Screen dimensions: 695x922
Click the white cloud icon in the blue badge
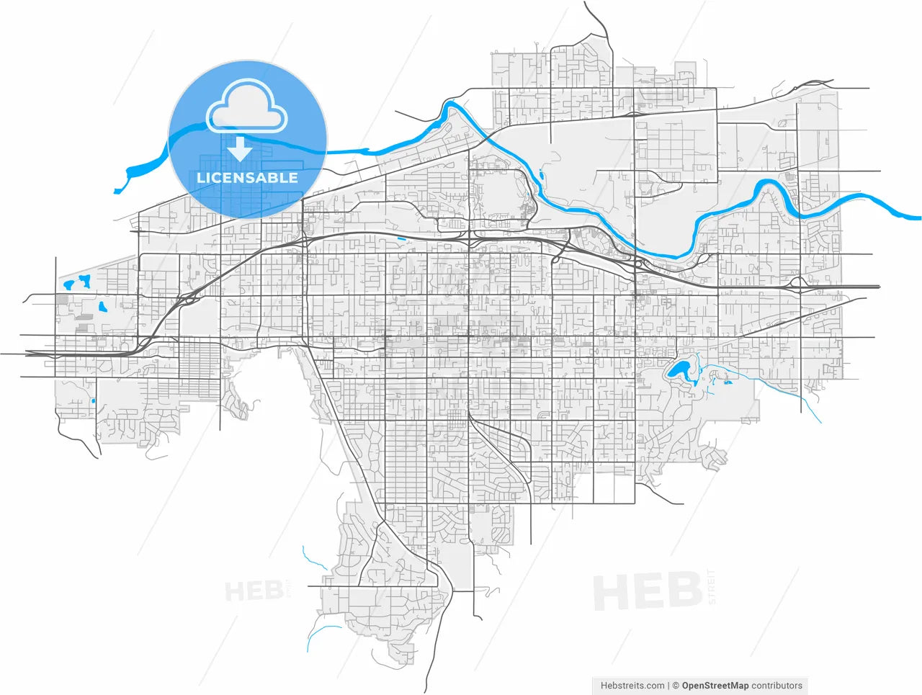coord(246,107)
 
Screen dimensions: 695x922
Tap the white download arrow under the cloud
coord(240,149)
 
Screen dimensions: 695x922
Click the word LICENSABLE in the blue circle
coord(247,177)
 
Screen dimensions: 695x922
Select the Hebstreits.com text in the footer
coord(632,686)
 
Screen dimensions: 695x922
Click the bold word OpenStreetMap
coord(715,686)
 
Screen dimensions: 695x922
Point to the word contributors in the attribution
coord(776,686)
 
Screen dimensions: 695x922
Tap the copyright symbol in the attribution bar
coord(676,686)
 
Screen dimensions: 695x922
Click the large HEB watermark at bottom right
coord(647,592)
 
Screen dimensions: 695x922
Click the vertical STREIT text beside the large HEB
coord(712,586)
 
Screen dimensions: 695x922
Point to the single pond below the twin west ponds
coord(102,306)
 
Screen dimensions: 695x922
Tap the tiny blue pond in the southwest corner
coord(94,400)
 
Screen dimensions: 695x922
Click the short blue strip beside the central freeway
coord(400,238)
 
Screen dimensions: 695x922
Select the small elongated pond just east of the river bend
coord(540,173)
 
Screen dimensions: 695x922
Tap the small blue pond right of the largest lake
coord(728,382)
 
